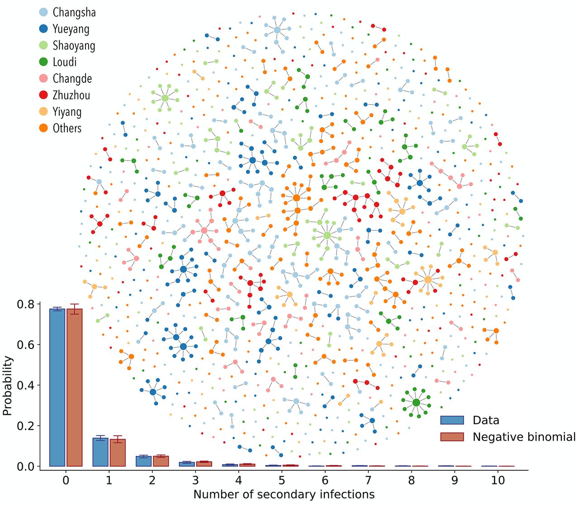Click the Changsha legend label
pyautogui.click(x=74, y=13)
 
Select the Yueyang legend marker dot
pyautogui.click(x=43, y=29)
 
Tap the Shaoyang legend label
pyautogui.click(x=74, y=46)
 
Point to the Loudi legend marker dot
pyautogui.click(x=43, y=62)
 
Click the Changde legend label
pyautogui.click(x=72, y=79)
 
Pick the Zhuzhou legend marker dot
pyautogui.click(x=43, y=95)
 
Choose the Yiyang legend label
pyautogui.click(x=67, y=112)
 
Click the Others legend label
pyautogui.click(x=67, y=128)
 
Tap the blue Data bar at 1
pyautogui.click(x=100, y=452)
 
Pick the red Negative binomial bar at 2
pyautogui.click(x=161, y=461)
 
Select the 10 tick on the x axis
pyautogui.click(x=498, y=480)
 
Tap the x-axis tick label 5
pyautogui.click(x=282, y=480)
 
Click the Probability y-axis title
pyautogui.click(x=8, y=386)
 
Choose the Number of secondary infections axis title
pyautogui.click(x=284, y=495)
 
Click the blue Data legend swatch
pyautogui.click(x=452, y=420)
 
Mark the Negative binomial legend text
pyautogui.click(x=524, y=437)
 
